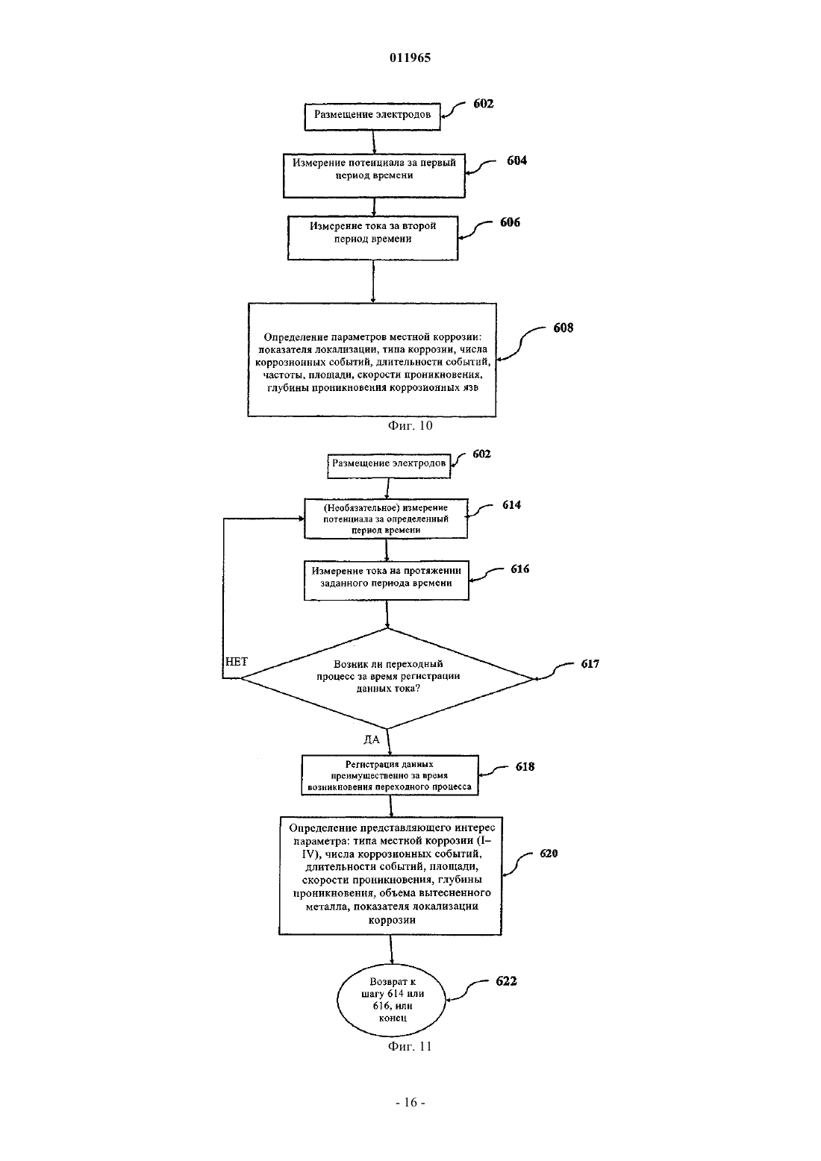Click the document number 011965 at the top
[410, 57]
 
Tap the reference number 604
[516, 160]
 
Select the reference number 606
[510, 222]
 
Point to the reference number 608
[564, 328]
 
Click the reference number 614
[511, 505]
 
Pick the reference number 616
[520, 569]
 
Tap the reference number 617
[590, 664]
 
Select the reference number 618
[525, 766]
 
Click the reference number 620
[549, 854]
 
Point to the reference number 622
[506, 981]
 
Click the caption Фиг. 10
[410, 426]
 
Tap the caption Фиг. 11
[410, 1046]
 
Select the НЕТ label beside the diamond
[237, 662]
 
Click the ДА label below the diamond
[372, 739]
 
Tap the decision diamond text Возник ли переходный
[388, 664]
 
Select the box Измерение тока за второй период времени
[373, 238]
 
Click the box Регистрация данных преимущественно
[390, 774]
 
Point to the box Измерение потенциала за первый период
[374, 175]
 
